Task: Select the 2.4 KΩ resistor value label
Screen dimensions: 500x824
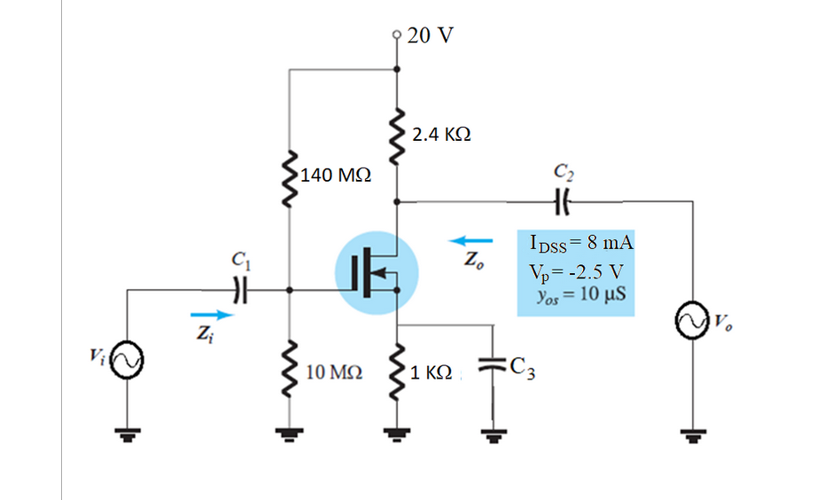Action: (441, 136)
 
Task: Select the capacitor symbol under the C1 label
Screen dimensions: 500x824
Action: (237, 288)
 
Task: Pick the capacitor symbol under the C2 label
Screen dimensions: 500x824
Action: (562, 200)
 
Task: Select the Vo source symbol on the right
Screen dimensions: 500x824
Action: (691, 321)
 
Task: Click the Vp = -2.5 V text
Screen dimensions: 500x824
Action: (579, 270)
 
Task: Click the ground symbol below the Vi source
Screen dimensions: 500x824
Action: (126, 434)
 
